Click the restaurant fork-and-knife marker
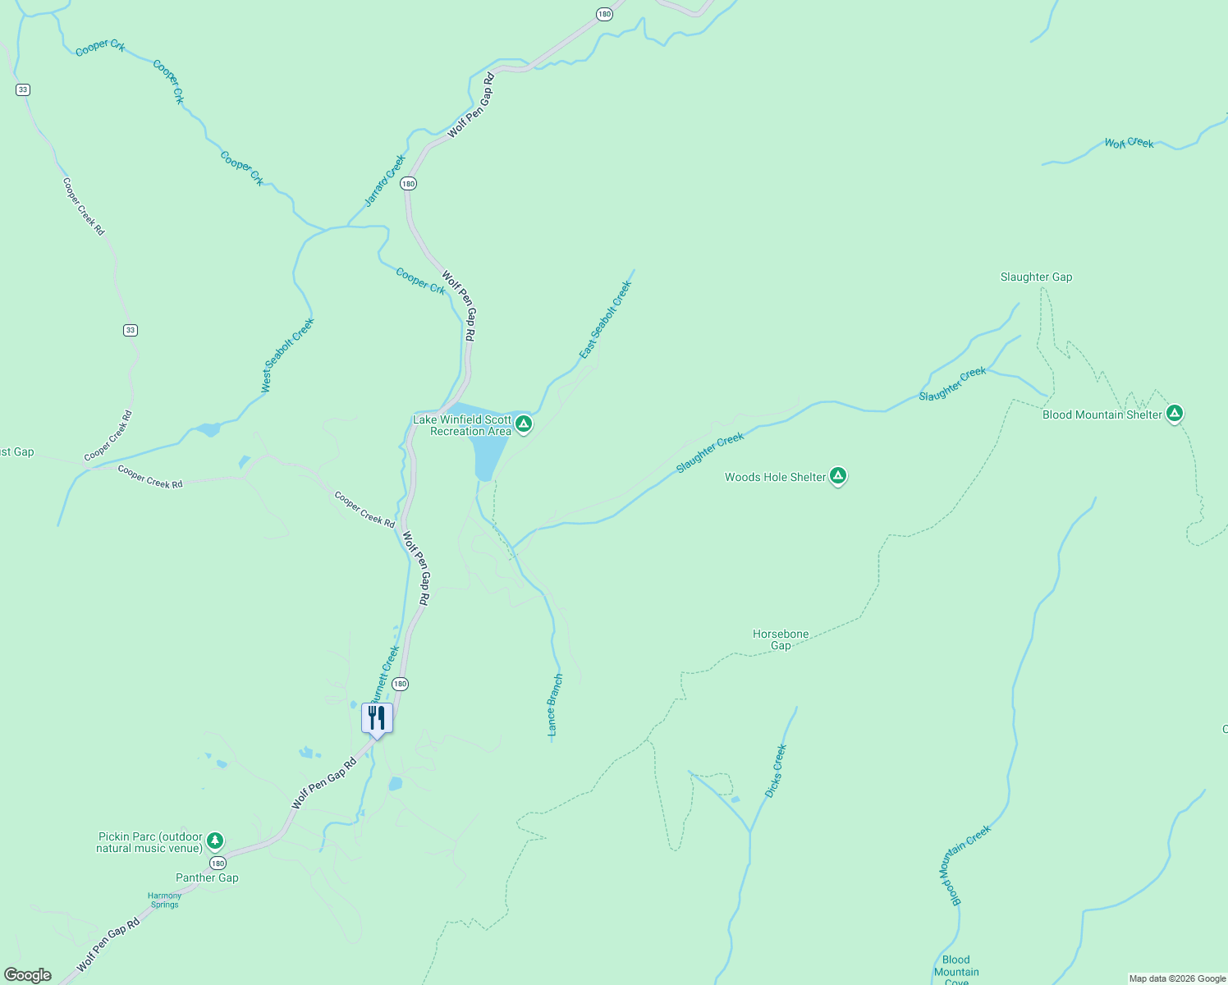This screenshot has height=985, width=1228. point(377,718)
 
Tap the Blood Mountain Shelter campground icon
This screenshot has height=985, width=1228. point(1175,413)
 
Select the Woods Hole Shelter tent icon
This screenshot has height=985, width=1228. point(837,475)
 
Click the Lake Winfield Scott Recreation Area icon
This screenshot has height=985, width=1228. point(524,424)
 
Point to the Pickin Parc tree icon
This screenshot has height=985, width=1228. point(215,840)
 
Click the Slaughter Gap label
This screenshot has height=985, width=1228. point(1036,277)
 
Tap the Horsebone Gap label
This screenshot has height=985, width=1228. point(781,639)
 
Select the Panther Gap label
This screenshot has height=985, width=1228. point(207,877)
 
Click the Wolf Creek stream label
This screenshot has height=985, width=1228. point(1129,143)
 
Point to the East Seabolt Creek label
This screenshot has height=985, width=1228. point(606,320)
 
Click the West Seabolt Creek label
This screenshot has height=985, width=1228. point(288,355)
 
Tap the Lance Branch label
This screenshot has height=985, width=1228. point(556,704)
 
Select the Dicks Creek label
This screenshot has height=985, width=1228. point(775,771)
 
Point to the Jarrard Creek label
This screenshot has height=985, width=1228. point(385,181)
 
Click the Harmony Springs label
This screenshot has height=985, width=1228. point(164,900)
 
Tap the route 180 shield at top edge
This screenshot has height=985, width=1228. point(604,14)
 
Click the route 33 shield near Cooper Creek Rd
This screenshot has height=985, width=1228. point(131,330)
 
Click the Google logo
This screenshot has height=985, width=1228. point(28,975)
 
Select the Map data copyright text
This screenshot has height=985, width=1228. point(1177,978)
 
